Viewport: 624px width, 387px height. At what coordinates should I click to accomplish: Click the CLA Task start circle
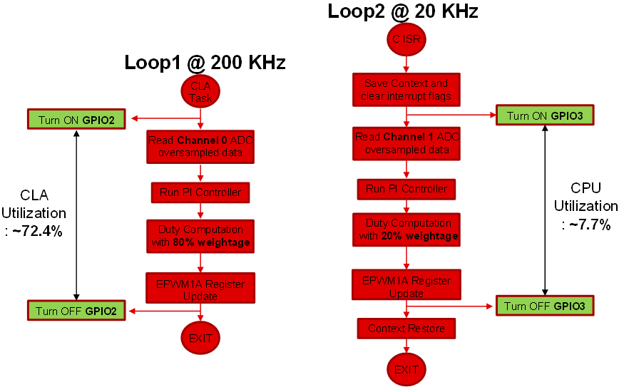click(x=201, y=92)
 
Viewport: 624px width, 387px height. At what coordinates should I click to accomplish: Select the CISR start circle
click(x=406, y=39)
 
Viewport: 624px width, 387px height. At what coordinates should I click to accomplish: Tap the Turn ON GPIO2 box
click(x=76, y=119)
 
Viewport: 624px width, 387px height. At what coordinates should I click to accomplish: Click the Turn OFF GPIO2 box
click(x=76, y=310)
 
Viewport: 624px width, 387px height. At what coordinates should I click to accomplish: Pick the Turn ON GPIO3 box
click(x=544, y=115)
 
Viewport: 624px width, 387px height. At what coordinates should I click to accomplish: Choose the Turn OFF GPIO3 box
click(x=544, y=306)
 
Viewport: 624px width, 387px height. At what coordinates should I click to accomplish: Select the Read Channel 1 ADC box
click(x=406, y=143)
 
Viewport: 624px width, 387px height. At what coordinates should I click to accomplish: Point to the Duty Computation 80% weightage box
click(x=200, y=237)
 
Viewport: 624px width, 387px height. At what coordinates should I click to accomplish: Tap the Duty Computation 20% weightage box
click(x=406, y=229)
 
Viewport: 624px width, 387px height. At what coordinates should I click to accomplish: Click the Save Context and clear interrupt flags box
click(x=406, y=90)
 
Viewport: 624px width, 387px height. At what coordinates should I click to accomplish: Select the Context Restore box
click(x=406, y=329)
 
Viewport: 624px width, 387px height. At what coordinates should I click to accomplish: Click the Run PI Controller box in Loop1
click(x=200, y=192)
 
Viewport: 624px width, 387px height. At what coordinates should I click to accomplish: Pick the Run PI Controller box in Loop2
click(x=406, y=189)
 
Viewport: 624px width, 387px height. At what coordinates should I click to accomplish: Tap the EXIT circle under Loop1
click(x=200, y=339)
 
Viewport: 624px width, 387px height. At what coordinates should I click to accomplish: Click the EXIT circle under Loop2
click(x=406, y=370)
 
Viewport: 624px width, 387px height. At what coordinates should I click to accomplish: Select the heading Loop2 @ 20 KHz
click(x=402, y=11)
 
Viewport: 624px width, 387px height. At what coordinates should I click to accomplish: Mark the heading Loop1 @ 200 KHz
click(x=205, y=63)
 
